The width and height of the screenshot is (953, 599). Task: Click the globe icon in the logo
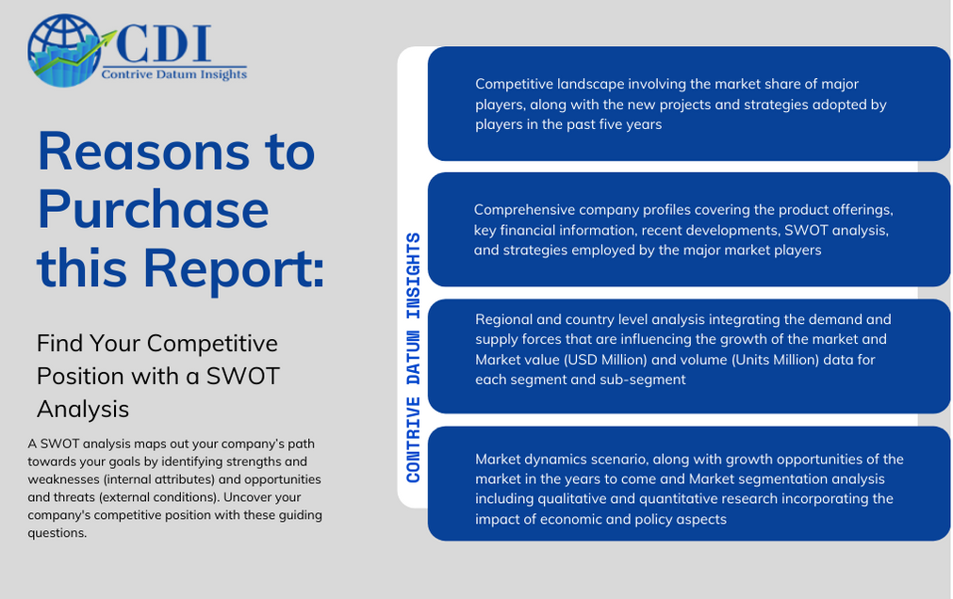[x=64, y=51]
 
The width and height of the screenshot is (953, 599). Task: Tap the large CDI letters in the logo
[x=163, y=43]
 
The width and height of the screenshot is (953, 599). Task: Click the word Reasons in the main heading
[x=143, y=152]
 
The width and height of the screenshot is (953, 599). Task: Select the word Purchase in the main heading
[x=153, y=210]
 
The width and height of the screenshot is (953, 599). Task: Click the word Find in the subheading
[x=59, y=343]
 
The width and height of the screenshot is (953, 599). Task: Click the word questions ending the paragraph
[x=58, y=533]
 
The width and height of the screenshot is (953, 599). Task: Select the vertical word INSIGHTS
[x=413, y=275]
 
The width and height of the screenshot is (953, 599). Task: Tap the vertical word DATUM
[x=413, y=358]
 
